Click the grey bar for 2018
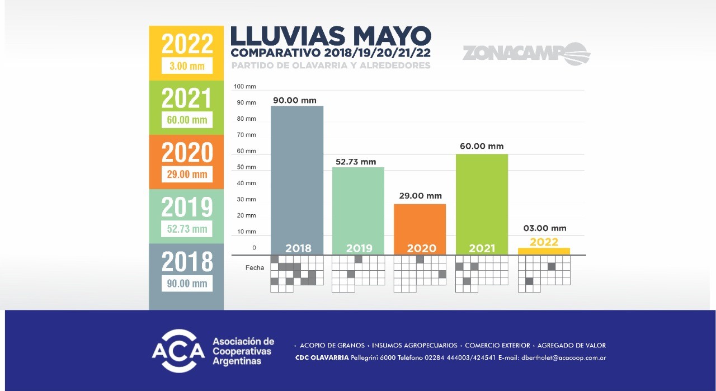coord(298,173)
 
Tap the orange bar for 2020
coord(420,224)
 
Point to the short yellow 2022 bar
coord(544,251)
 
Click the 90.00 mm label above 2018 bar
coord(295,100)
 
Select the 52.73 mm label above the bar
coord(356,162)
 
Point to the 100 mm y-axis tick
coord(245,87)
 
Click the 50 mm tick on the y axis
coord(246,167)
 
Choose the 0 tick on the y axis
coord(253,248)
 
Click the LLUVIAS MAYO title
coord(331,37)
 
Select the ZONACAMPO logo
coord(526,54)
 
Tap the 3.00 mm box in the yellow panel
coord(187,66)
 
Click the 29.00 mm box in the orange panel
coord(187,174)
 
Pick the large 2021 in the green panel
coord(187,98)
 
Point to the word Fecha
coord(255,268)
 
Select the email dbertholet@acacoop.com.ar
coord(563,358)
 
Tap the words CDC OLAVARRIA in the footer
coord(322,358)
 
